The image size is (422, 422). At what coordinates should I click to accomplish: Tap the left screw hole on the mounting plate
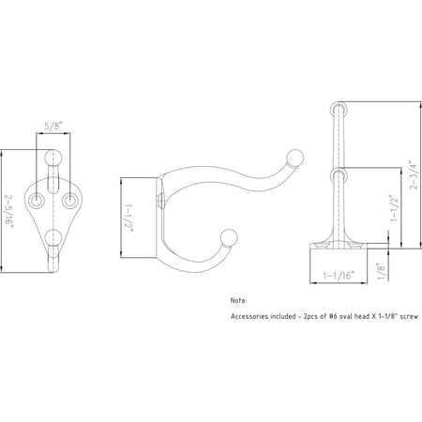click(x=39, y=201)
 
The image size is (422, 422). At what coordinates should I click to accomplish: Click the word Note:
click(x=239, y=301)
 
